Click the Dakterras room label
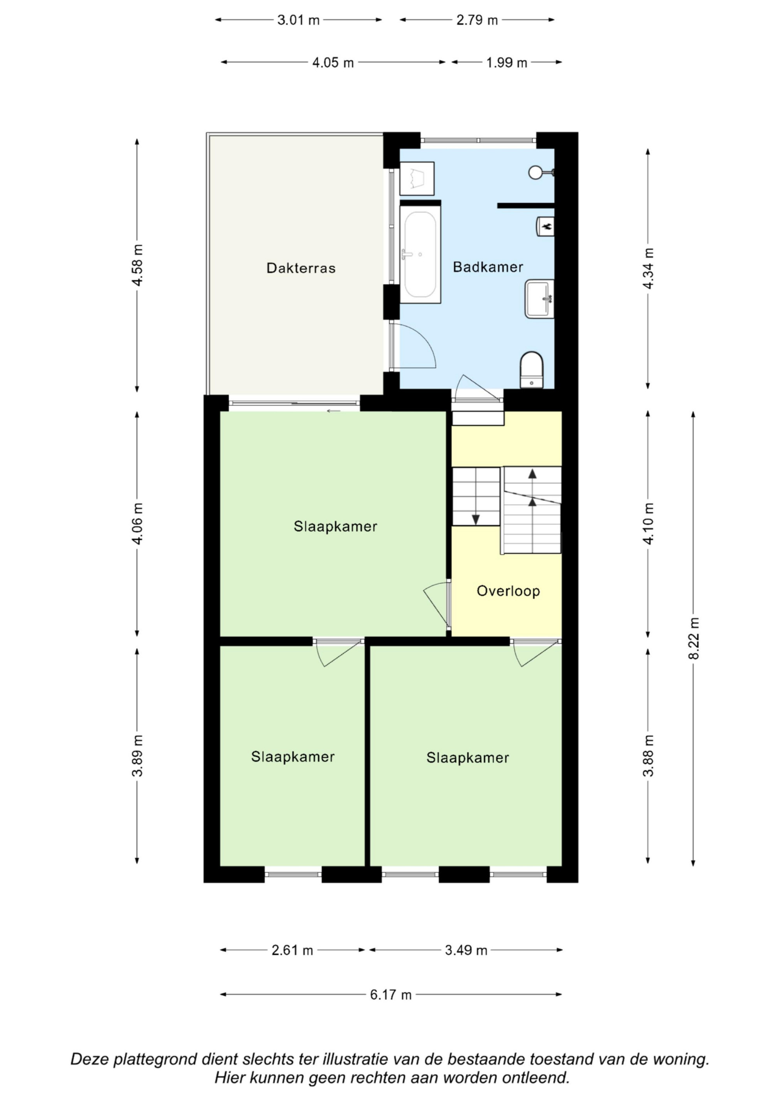click(301, 268)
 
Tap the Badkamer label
click(488, 267)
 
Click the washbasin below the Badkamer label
click(539, 299)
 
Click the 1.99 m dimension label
click(506, 63)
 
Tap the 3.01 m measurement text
click(298, 20)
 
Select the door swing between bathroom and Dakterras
click(413, 346)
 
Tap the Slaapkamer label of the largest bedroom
click(335, 526)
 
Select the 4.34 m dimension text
click(649, 269)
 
